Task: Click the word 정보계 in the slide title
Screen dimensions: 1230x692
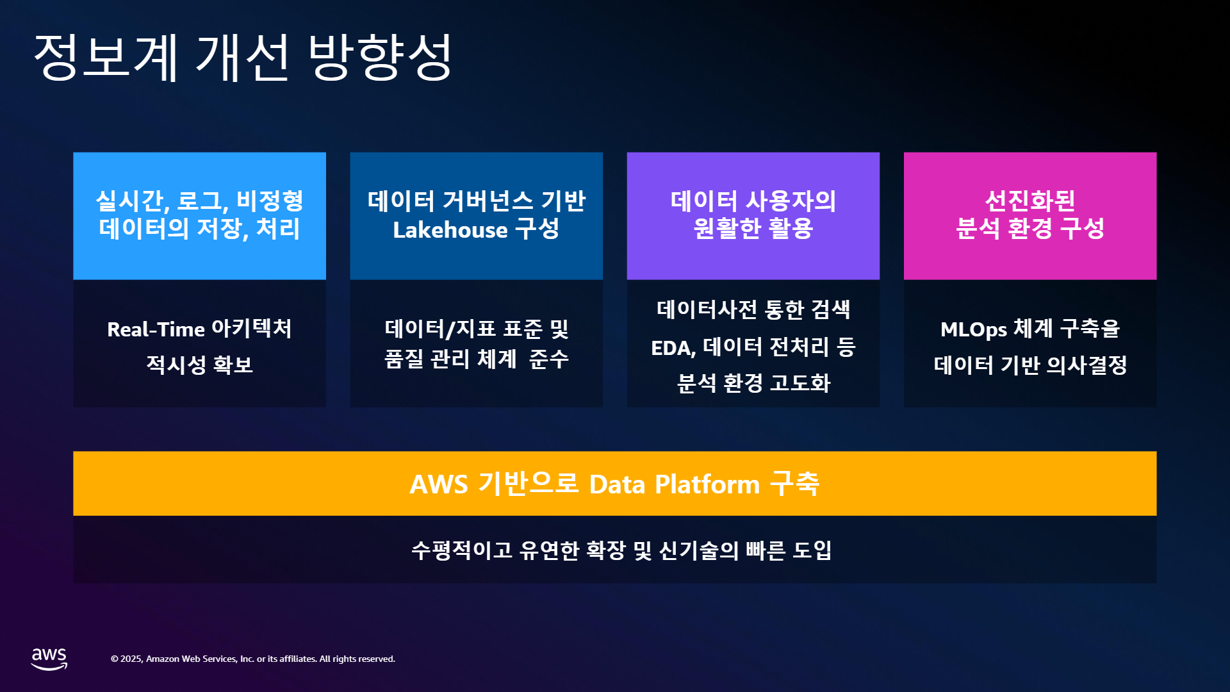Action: click(106, 58)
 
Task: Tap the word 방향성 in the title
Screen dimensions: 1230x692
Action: click(381, 58)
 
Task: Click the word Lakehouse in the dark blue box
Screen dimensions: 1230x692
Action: click(450, 229)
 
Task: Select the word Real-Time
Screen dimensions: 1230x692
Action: click(156, 329)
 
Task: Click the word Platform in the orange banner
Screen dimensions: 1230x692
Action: click(707, 484)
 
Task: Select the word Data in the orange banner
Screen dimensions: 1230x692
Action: click(617, 484)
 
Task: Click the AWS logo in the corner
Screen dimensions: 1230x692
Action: click(49, 659)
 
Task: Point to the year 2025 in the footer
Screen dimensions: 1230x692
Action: click(131, 659)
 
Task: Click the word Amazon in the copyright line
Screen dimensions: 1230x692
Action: click(163, 659)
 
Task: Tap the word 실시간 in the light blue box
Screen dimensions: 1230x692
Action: click(132, 201)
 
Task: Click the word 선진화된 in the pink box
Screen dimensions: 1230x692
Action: click(1030, 201)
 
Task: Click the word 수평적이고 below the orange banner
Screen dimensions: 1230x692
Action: click(462, 550)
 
